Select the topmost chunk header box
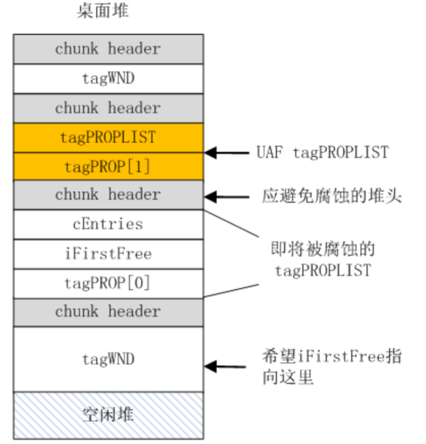(x=108, y=49)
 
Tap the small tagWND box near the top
(x=108, y=78)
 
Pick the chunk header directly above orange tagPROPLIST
(x=108, y=108)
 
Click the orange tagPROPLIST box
(x=108, y=137)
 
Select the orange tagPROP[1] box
(x=108, y=166)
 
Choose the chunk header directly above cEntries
(x=108, y=195)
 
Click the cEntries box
(x=108, y=224)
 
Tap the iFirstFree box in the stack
(x=108, y=254)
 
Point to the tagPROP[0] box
(x=108, y=283)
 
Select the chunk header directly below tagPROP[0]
(x=108, y=312)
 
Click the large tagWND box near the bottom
(x=108, y=358)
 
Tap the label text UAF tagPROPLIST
(x=322, y=153)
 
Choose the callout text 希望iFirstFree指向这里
(x=331, y=367)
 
